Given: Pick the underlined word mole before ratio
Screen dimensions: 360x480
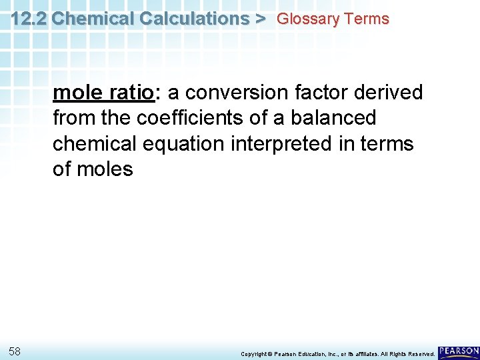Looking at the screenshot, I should [x=75, y=93].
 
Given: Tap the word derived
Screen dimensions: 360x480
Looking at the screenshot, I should [x=392, y=93].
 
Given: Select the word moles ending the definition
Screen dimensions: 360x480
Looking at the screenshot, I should [x=106, y=169].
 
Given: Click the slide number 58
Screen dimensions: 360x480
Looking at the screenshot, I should [x=15, y=351].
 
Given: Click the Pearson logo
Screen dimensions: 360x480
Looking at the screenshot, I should [x=459, y=351].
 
